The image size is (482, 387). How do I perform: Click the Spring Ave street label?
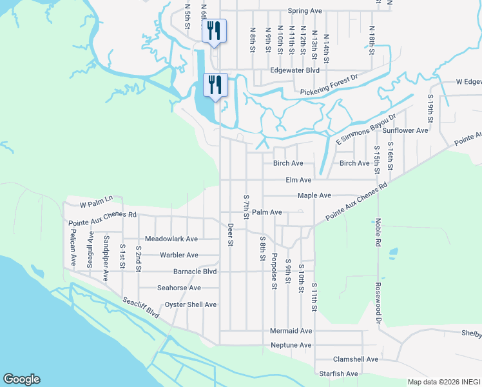[x=305, y=11]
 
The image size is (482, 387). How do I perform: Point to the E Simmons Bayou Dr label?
[x=365, y=131]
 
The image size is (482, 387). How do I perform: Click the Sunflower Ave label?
[x=405, y=130]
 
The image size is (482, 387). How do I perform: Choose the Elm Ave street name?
[x=298, y=180]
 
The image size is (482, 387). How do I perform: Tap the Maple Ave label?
[x=314, y=195]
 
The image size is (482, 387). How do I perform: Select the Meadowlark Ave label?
[x=171, y=239]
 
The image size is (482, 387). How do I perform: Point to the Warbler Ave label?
[x=179, y=255]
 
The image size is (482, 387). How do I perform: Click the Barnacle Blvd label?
[x=195, y=272]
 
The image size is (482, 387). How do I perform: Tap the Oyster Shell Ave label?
[x=191, y=304]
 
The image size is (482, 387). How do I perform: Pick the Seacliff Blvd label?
[x=140, y=307]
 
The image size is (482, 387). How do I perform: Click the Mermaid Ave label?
[x=291, y=331]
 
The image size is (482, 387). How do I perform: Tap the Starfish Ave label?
[x=338, y=374]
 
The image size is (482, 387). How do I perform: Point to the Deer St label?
[x=230, y=234]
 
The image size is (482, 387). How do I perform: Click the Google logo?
[x=21, y=379]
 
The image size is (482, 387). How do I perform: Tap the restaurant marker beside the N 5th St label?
[x=214, y=31]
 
